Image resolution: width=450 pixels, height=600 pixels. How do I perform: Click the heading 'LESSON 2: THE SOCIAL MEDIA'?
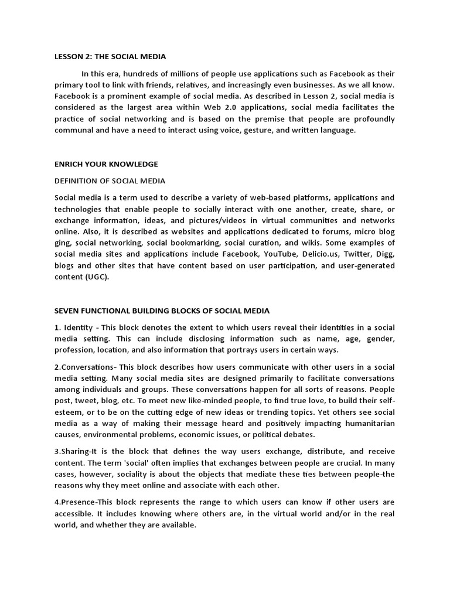point(110,57)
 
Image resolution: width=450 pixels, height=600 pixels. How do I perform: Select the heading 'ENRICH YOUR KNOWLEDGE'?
point(106,164)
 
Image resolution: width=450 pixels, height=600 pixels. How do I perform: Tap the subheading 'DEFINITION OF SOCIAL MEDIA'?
point(110,180)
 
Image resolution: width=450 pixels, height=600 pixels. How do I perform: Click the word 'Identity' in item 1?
point(78,328)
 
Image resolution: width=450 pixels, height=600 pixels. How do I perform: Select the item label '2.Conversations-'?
point(84,367)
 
